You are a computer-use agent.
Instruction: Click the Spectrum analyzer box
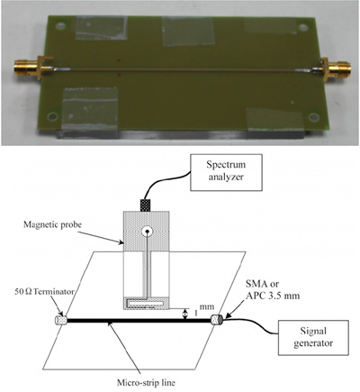tap(227, 172)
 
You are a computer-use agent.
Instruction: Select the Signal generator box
tap(313, 337)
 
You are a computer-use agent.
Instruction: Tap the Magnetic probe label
tap(52, 225)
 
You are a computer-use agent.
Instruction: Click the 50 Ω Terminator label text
tap(44, 291)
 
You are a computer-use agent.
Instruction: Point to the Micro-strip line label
tap(146, 383)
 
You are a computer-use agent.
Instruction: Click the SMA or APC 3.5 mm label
tap(273, 290)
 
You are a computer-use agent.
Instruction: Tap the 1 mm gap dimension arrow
tap(185, 314)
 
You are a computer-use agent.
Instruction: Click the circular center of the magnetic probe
tap(147, 232)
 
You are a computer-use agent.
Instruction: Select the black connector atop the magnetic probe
tap(147, 205)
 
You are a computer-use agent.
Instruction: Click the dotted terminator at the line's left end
tap(60, 321)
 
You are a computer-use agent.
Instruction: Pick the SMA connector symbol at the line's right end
tap(216, 319)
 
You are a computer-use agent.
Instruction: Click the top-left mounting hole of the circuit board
tap(60, 26)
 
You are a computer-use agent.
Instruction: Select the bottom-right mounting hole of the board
tap(313, 117)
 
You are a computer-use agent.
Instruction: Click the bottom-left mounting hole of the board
tap(52, 116)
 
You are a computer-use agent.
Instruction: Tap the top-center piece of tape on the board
tap(187, 32)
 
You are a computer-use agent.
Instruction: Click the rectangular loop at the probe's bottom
tap(147, 304)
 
